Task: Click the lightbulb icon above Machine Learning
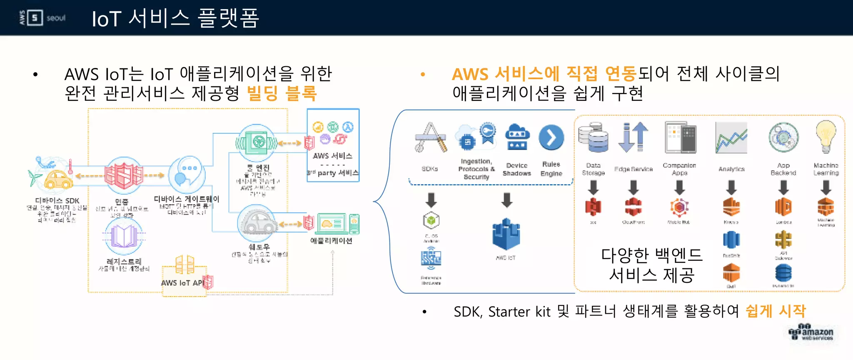coord(826,136)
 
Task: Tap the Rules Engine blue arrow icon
coord(551,137)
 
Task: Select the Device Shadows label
coord(517,169)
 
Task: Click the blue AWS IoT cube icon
coord(506,234)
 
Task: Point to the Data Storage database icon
coord(593,137)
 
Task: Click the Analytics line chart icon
coord(731,138)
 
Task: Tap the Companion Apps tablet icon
coord(680,137)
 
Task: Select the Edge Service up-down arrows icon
coord(633,137)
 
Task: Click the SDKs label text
coord(430,169)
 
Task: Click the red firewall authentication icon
coord(123,175)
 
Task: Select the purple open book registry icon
coord(124,236)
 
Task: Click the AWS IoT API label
coord(182,283)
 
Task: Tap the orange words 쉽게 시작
coord(776,311)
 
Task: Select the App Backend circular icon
coord(783,137)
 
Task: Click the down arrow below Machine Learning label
coord(826,187)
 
